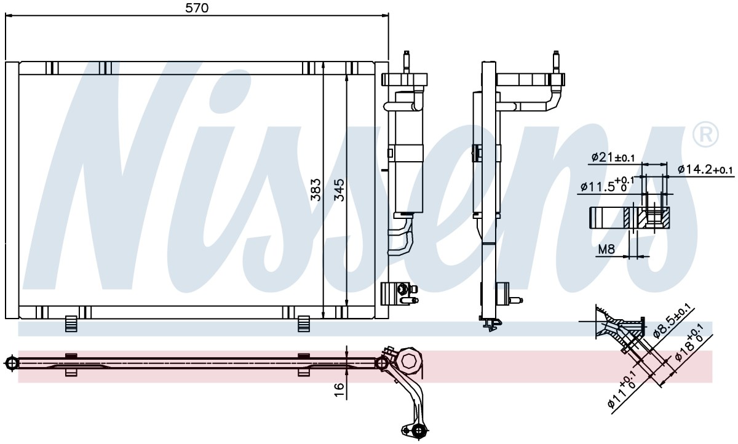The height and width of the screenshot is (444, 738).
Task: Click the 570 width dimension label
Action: (x=197, y=8)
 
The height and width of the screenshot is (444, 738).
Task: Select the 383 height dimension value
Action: (x=315, y=190)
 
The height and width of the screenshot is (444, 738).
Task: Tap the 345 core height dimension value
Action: (x=339, y=190)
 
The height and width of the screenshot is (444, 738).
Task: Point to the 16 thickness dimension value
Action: (x=339, y=390)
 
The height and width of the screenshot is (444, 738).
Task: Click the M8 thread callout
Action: (x=606, y=249)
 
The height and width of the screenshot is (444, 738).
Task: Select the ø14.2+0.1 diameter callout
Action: (x=705, y=170)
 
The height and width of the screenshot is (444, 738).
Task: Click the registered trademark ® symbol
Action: (x=705, y=135)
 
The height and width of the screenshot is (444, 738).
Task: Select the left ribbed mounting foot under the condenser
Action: (x=71, y=323)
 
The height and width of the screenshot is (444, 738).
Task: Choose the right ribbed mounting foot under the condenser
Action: (x=304, y=323)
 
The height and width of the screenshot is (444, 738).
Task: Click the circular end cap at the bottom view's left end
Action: (x=12, y=363)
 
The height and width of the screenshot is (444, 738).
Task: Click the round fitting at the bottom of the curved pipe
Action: (x=418, y=430)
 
